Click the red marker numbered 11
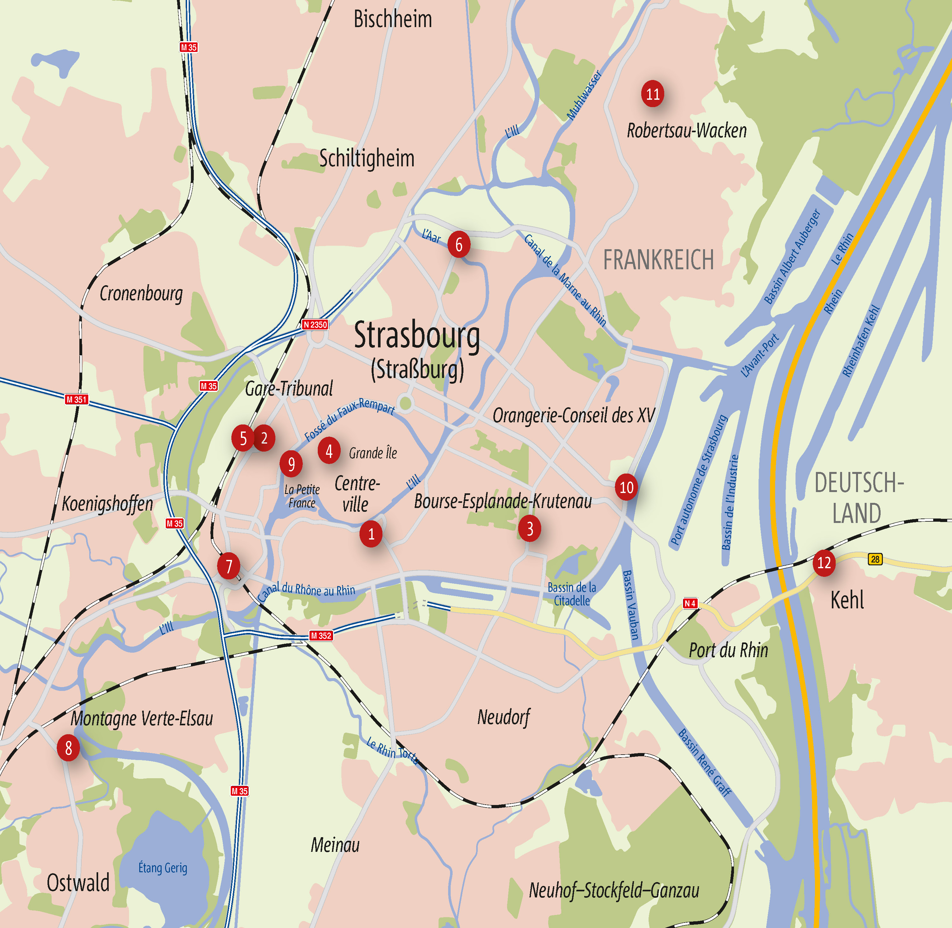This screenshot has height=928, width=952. coord(653,94)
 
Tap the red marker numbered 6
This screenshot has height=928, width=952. coord(459,245)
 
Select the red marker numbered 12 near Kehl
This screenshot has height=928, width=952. coord(824,563)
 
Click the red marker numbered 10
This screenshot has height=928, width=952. coord(626,487)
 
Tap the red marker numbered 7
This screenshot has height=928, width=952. coord(229,566)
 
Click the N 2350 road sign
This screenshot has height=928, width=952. coord(315,325)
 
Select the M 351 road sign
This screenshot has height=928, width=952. coord(76,400)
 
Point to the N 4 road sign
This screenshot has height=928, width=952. coord(690,603)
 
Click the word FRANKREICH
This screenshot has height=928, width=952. coord(658,259)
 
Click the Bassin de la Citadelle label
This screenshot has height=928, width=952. coord(572,594)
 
